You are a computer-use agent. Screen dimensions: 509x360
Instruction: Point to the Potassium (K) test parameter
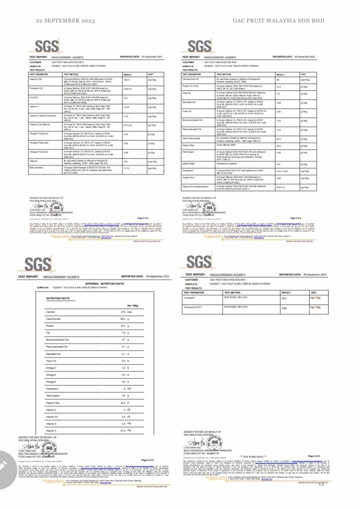(35, 88)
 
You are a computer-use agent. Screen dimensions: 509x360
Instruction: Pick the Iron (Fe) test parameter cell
(33, 97)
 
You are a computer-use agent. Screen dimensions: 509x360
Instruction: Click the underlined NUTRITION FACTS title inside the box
(58, 298)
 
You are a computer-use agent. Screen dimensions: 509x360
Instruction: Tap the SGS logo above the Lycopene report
(199, 262)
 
